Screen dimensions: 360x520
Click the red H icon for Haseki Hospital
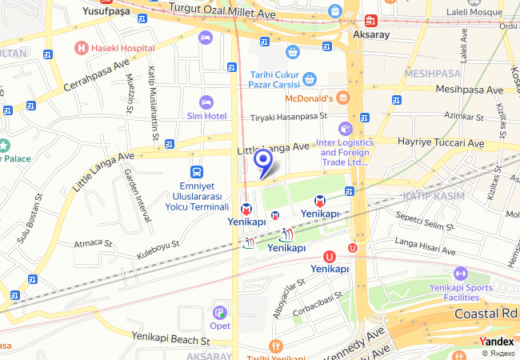(x=81, y=48)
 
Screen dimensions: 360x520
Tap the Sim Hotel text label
(x=207, y=116)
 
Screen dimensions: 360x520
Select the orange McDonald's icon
(x=342, y=98)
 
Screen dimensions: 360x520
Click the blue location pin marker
(x=262, y=161)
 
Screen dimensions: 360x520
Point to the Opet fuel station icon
(x=220, y=313)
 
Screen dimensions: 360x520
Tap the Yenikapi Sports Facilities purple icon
(x=459, y=274)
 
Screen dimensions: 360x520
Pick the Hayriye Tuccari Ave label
(x=442, y=143)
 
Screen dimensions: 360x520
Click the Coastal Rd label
(x=485, y=314)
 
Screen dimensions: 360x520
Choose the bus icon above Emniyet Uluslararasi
(x=196, y=172)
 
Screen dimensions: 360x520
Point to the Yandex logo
(x=498, y=341)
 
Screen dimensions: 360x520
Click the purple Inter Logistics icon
(x=345, y=128)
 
